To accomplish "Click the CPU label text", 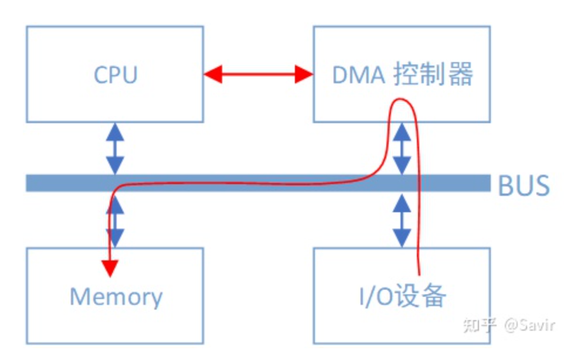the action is tap(115, 75).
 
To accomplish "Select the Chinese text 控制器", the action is tap(433, 74).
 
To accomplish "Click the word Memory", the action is tap(116, 297).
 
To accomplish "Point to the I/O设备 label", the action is tap(403, 296).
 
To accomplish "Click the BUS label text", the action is tap(524, 186).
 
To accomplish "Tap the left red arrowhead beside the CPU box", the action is tap(213, 74).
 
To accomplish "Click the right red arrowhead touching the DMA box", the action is tap(304, 74).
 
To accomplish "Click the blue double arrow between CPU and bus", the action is tap(115, 149).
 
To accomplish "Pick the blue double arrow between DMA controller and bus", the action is tap(402, 149).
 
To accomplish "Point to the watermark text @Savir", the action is tap(529, 325).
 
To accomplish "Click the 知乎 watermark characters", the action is tap(480, 325).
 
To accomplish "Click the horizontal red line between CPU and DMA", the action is tap(259, 74).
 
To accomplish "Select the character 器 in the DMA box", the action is tap(461, 74).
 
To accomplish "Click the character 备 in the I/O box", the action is tap(434, 296).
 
